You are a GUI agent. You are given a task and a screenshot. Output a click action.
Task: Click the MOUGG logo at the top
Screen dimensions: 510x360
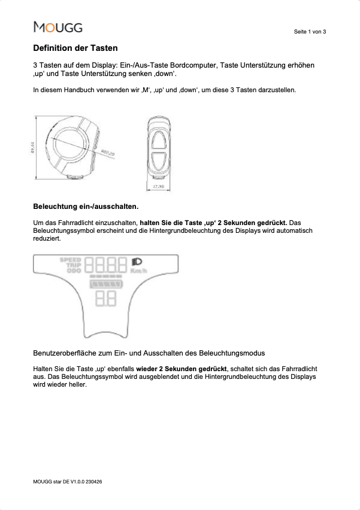pos(58,27)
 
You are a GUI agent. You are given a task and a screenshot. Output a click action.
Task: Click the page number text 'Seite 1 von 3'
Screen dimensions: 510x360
pos(310,31)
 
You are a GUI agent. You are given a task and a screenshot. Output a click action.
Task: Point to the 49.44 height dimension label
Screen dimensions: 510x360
pos(32,147)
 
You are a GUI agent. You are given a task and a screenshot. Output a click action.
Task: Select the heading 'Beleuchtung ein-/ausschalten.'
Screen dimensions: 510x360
pos(85,207)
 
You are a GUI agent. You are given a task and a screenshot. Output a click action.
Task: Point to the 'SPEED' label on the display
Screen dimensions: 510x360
pos(71,260)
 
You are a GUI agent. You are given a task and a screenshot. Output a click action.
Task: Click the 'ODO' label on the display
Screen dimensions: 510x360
pos(74,271)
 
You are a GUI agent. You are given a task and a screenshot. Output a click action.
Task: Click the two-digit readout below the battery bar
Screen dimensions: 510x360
pos(106,299)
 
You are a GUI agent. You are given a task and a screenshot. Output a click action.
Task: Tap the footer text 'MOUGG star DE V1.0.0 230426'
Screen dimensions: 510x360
pos(67,481)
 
